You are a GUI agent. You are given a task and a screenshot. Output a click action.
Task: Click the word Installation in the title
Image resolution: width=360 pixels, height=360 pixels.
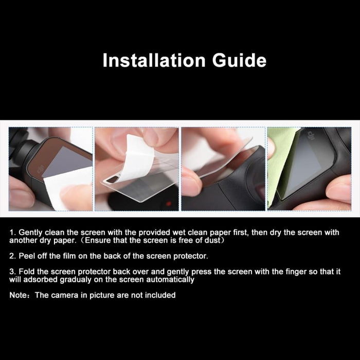pyautogui.click(x=148, y=60)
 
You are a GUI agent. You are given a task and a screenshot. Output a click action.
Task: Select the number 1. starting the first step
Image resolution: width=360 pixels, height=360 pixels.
pyautogui.click(x=12, y=232)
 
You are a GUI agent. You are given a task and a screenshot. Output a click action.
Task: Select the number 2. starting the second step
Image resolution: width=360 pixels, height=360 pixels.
pyautogui.click(x=12, y=256)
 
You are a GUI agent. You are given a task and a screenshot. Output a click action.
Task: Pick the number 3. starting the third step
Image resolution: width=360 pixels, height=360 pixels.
pyautogui.click(x=12, y=272)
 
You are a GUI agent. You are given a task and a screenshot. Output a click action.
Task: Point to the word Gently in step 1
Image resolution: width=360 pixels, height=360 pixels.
pyautogui.click(x=30, y=232)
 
